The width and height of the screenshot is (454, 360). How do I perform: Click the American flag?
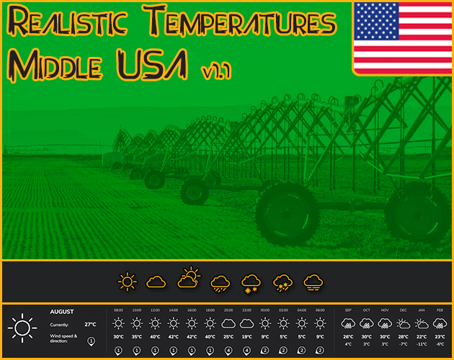pyautogui.click(x=402, y=37)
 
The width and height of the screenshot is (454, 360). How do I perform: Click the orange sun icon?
pyautogui.click(x=128, y=282)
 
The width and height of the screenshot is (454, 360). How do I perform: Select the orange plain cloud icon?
pyautogui.click(x=157, y=282)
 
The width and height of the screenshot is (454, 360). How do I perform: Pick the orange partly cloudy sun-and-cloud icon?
pyautogui.click(x=189, y=279)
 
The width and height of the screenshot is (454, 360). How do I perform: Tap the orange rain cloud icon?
pyautogui.click(x=220, y=282)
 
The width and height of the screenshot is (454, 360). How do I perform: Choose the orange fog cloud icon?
pyautogui.click(x=313, y=282)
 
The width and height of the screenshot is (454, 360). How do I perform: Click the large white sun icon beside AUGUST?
pyautogui.click(x=22, y=328)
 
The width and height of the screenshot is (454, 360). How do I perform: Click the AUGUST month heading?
pyautogui.click(x=62, y=312)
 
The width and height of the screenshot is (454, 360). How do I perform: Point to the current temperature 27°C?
pyautogui.click(x=90, y=325)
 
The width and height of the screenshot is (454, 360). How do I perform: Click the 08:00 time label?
pyautogui.click(x=118, y=310)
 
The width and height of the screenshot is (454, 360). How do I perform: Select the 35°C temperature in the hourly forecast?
pyautogui.click(x=137, y=337)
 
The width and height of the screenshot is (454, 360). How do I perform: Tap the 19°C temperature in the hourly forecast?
pyautogui.click(x=247, y=337)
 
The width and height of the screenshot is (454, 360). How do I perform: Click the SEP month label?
pyautogui.click(x=348, y=310)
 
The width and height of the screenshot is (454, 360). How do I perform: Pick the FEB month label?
pyautogui.click(x=440, y=310)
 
